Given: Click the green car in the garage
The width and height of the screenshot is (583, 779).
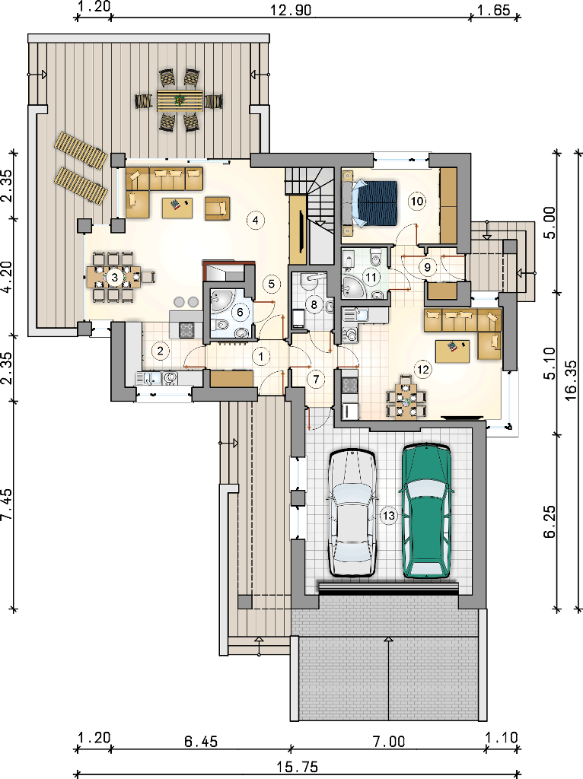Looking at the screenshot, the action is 427,510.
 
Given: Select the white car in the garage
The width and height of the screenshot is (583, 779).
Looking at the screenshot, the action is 352,513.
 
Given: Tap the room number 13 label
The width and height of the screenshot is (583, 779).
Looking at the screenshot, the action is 389,516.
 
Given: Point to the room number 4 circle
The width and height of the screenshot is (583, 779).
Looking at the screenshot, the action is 256,220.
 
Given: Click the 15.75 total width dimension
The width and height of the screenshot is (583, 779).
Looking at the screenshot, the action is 298,768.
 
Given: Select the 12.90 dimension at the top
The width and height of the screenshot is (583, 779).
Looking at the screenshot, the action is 291,9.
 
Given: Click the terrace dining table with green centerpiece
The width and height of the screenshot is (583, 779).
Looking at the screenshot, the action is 180,100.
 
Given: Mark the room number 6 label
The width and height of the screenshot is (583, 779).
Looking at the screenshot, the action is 241,312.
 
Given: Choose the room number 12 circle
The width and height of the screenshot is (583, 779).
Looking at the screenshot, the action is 423,370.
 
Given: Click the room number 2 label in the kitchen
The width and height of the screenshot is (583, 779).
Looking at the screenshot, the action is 160,351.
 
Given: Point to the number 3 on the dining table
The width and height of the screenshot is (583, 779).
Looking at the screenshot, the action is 115,277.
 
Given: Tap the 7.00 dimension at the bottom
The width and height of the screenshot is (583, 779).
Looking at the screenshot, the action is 389,742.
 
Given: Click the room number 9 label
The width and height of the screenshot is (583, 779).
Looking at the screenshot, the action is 428,267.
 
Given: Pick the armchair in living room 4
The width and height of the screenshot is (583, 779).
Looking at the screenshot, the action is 217,208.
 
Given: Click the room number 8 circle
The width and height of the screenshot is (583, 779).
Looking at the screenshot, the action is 314,304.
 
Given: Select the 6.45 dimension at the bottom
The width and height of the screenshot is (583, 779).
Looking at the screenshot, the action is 201,742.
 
